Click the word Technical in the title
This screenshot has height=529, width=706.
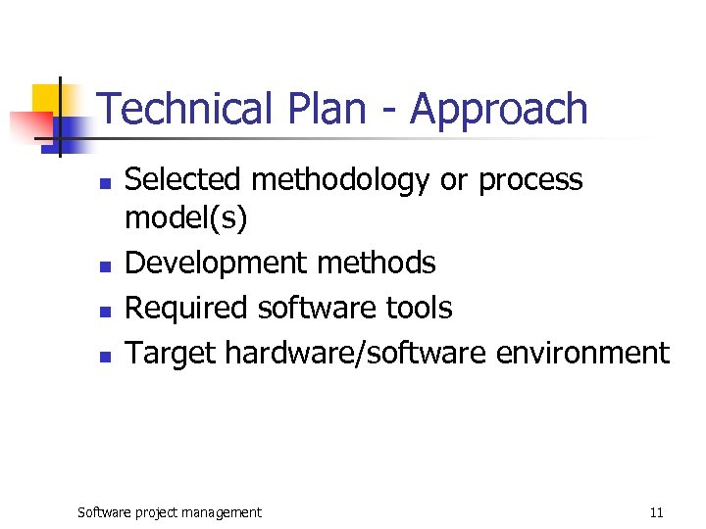[x=182, y=109]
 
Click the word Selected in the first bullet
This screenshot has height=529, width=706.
[x=182, y=180]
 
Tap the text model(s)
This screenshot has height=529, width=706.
[x=185, y=219]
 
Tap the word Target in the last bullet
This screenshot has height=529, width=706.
[x=171, y=353]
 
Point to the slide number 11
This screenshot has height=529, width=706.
[x=656, y=512]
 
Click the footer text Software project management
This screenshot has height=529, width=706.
[x=170, y=512]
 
